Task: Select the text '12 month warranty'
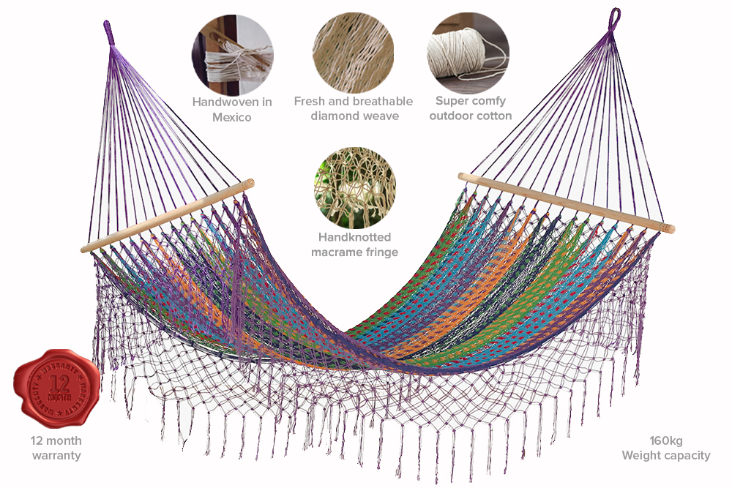56,448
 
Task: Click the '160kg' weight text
665,440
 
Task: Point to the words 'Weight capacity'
665,455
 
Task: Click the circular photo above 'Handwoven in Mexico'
232,53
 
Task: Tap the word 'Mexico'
232,117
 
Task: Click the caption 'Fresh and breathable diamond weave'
354,108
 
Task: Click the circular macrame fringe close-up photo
354,188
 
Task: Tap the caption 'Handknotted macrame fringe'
354,244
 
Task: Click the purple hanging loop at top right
613,18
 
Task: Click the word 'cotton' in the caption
493,116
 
